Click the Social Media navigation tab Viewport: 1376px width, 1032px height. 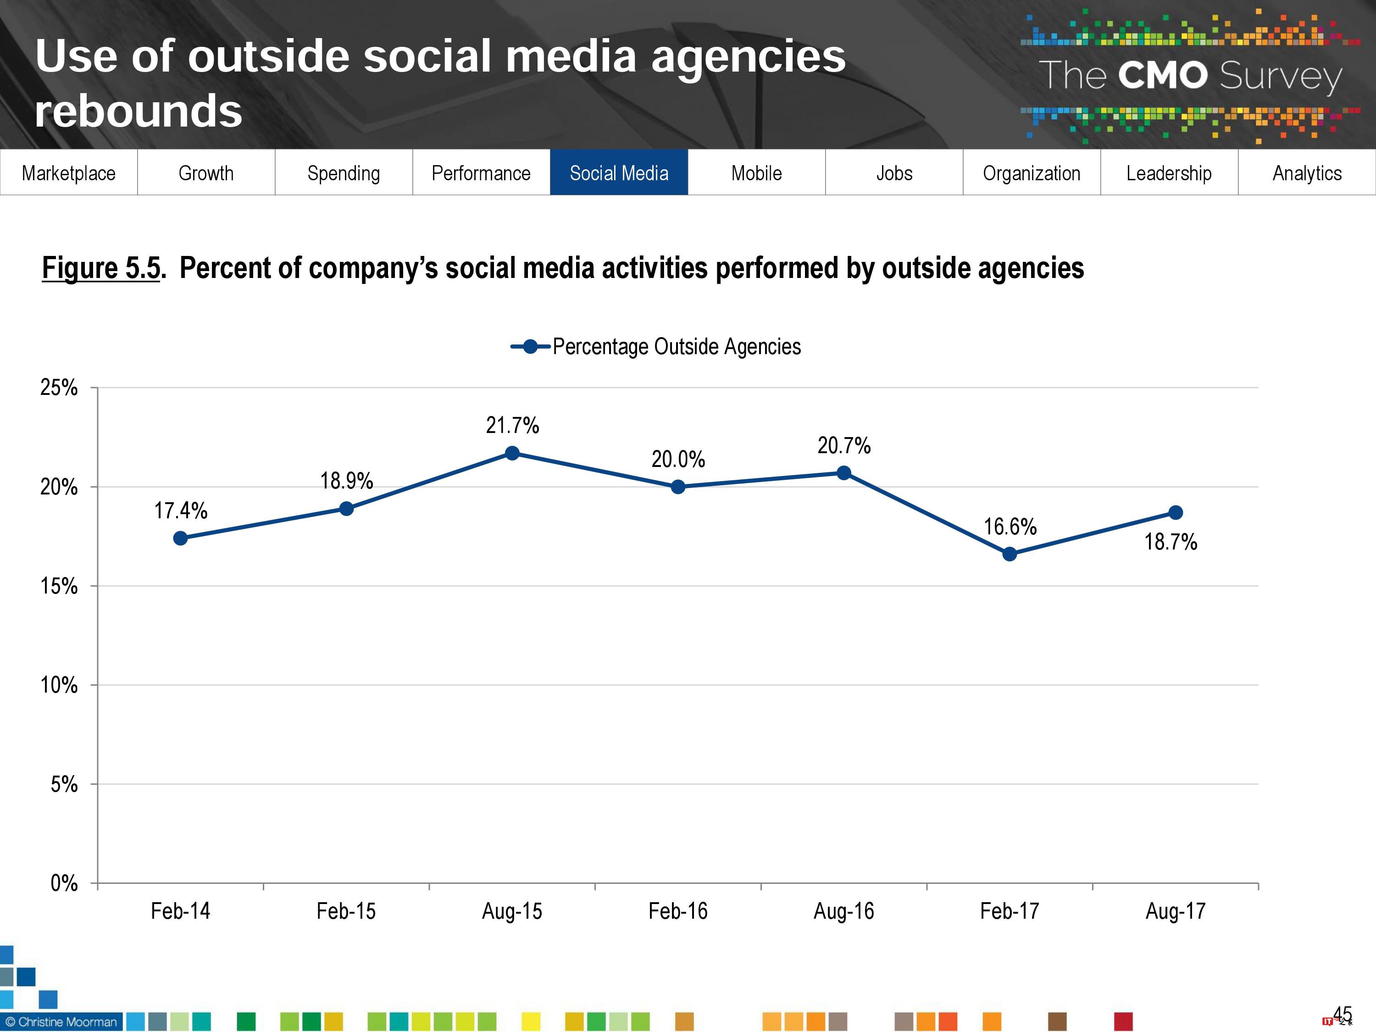point(619,173)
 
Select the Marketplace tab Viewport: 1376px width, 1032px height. point(68,173)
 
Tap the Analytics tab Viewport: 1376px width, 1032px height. point(1307,173)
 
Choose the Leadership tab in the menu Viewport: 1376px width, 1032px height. point(1169,173)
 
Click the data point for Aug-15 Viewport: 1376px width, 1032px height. point(512,453)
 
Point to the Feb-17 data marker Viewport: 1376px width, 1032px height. point(1010,554)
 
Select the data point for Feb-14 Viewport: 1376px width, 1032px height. point(180,538)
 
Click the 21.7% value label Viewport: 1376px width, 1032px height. point(512,426)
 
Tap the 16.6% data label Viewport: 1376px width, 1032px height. point(1010,527)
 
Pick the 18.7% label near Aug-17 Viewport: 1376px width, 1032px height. point(1171,542)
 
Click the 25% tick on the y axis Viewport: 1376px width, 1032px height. point(59,388)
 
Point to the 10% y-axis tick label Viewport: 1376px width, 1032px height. point(59,685)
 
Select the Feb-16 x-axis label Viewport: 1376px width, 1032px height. point(678,911)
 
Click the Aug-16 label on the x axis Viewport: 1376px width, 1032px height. point(843,911)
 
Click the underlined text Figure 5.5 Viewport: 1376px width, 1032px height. point(101,269)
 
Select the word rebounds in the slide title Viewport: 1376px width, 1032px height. point(138,111)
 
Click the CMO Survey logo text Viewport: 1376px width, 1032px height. point(1190,76)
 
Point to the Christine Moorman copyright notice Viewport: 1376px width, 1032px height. point(61,1021)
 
